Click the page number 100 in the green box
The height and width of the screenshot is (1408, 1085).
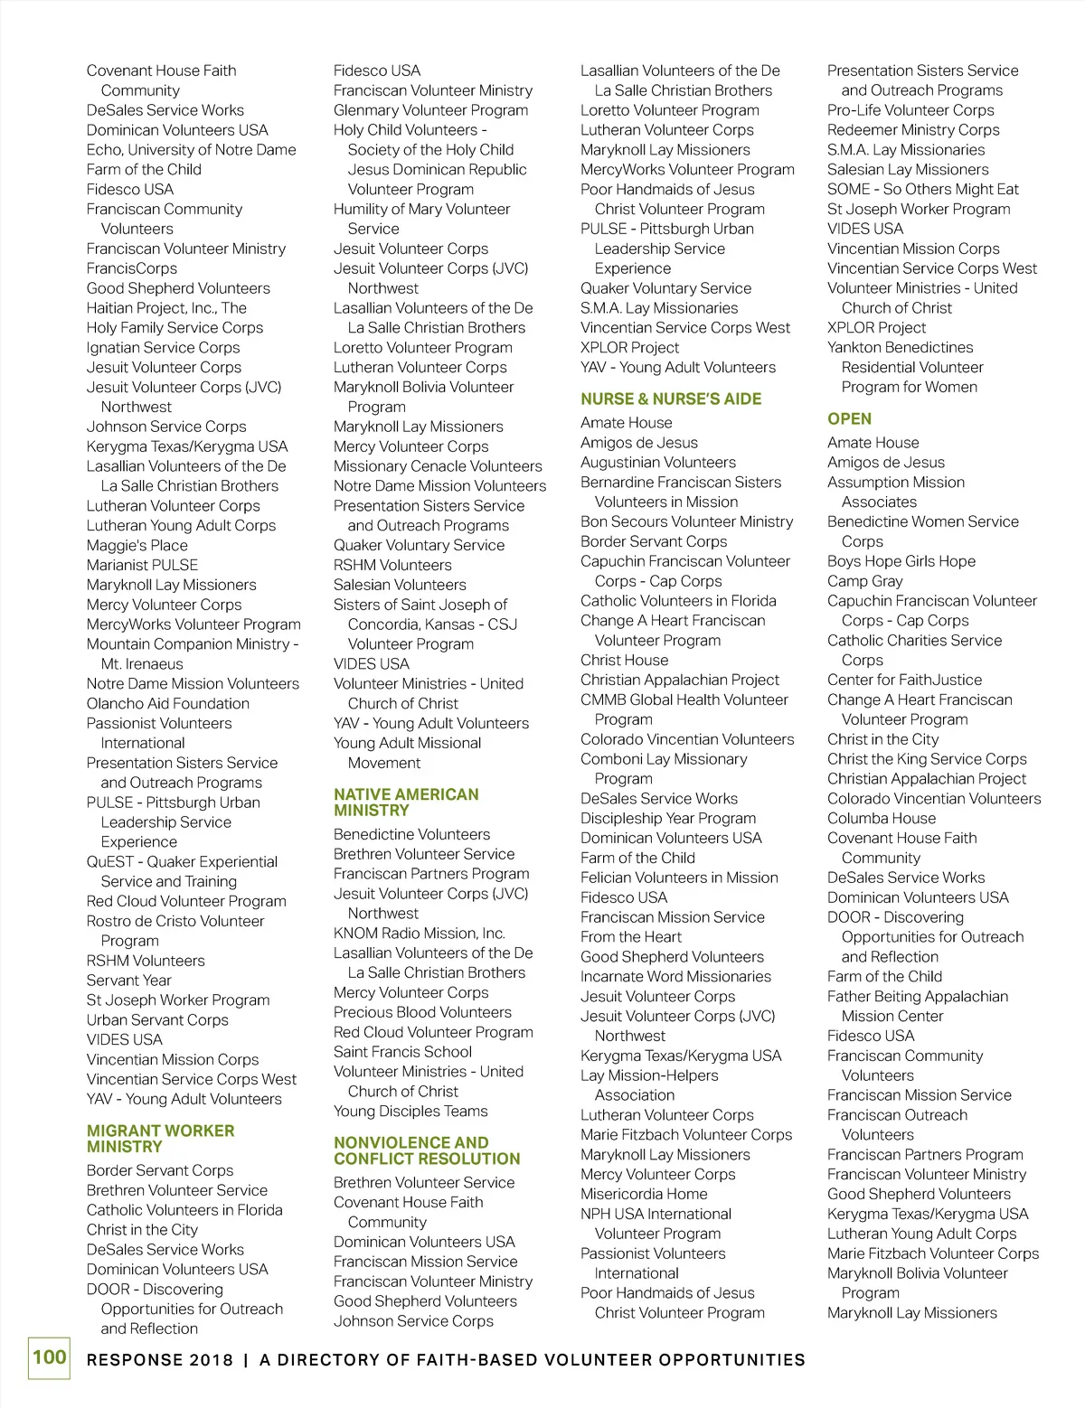click(x=50, y=1357)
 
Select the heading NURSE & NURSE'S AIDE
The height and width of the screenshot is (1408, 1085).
click(x=671, y=399)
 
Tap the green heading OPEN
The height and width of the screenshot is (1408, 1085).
click(x=849, y=418)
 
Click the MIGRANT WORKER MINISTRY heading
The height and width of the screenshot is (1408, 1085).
click(x=160, y=1139)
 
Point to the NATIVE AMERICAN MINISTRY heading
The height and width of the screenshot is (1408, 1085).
click(x=406, y=803)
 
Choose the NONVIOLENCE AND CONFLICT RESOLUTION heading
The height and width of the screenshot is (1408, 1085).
click(x=427, y=1150)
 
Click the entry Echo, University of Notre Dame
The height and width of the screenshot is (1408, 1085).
click(x=191, y=150)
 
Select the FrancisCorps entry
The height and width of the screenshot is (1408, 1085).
click(x=132, y=268)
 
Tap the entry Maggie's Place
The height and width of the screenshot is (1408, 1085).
click(x=137, y=545)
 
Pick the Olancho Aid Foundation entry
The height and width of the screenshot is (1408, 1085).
click(x=168, y=703)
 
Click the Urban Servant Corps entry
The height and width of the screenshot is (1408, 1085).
click(x=157, y=1019)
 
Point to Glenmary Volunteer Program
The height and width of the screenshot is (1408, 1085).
click(x=430, y=110)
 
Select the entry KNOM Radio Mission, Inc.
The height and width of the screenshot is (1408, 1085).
click(x=419, y=933)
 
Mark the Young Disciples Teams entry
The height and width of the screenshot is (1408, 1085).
click(x=410, y=1111)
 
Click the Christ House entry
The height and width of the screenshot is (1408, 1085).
click(x=624, y=660)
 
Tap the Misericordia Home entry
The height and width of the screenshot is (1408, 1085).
click(x=644, y=1194)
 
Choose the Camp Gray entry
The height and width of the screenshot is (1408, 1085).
click(x=864, y=581)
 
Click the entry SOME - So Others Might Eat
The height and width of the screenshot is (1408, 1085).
click(x=922, y=189)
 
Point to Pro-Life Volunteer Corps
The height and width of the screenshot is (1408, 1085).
click(x=910, y=110)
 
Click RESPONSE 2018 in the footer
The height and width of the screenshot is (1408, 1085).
click(x=160, y=1360)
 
